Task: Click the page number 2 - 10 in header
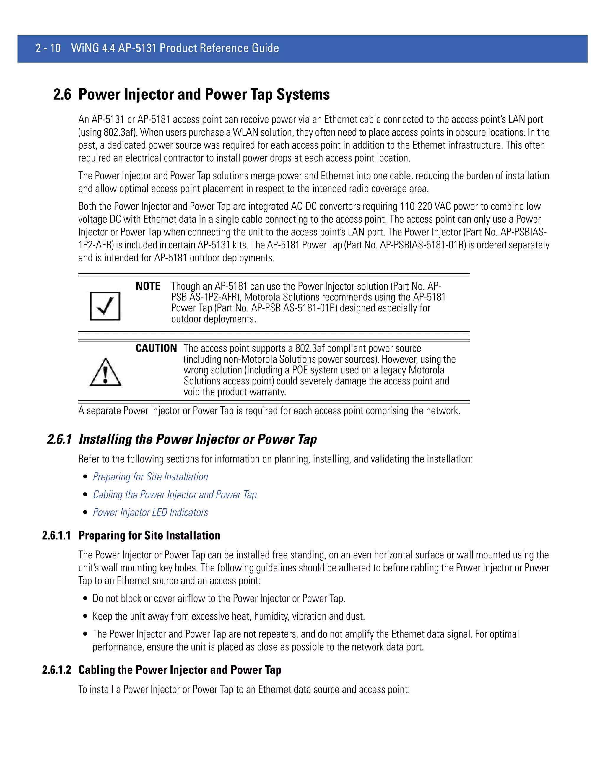(x=48, y=48)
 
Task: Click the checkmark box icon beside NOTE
(x=105, y=306)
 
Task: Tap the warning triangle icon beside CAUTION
(x=105, y=372)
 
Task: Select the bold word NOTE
(x=148, y=286)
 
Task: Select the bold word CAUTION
(x=156, y=348)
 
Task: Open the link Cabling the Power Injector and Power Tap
(x=175, y=494)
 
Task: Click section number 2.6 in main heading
(x=62, y=95)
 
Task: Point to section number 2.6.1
(x=59, y=439)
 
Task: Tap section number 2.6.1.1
(x=56, y=535)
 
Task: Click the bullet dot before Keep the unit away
(x=85, y=616)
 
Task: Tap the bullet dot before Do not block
(x=85, y=598)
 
